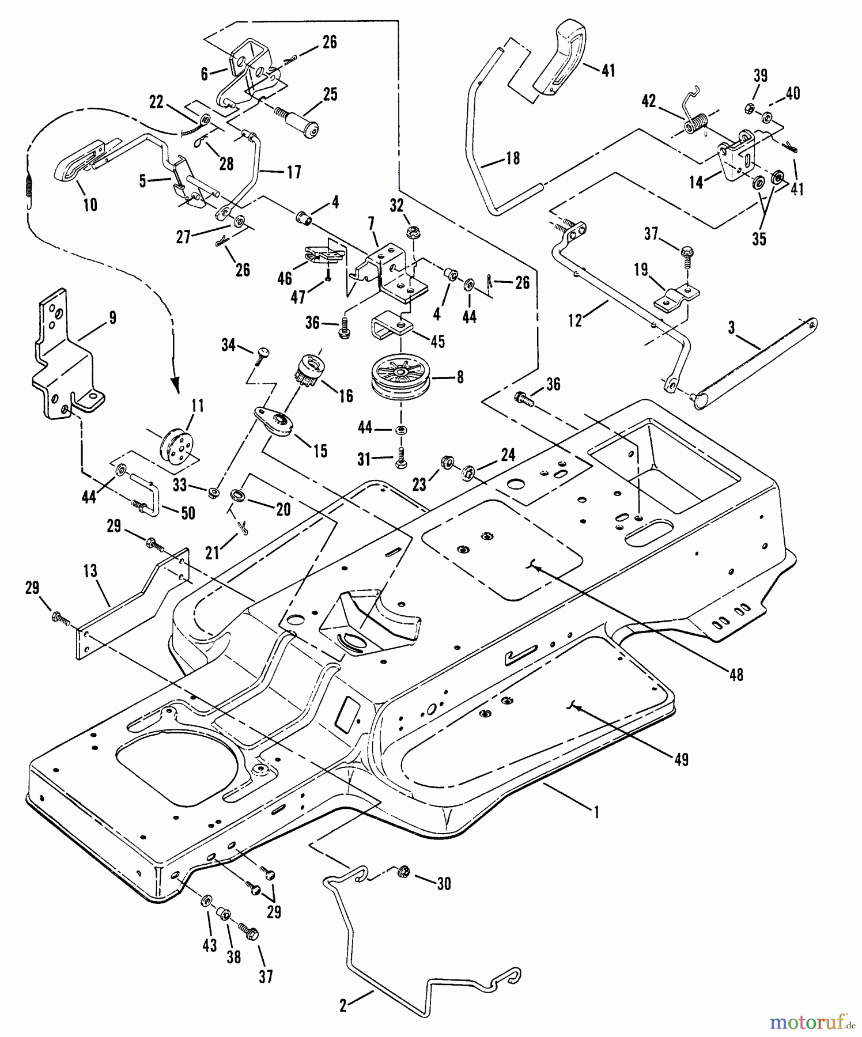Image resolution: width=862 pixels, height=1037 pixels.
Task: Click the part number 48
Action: [x=736, y=674]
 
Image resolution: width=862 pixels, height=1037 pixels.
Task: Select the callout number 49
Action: [x=682, y=760]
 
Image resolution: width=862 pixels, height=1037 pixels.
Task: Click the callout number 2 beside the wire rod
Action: [x=343, y=1005]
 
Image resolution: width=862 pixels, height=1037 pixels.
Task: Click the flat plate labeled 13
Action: [x=133, y=601]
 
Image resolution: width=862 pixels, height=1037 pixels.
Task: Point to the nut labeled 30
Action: [x=403, y=872]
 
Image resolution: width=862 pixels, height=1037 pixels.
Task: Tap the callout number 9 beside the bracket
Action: [x=112, y=317]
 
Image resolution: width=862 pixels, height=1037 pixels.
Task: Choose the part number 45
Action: [x=438, y=341]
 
